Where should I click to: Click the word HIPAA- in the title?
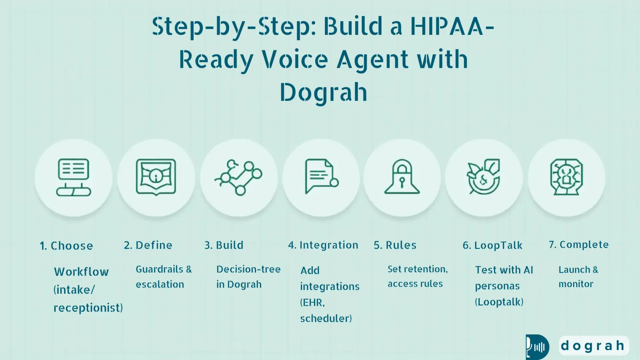[452, 27]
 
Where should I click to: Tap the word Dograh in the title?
[324, 92]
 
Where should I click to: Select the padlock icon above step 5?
[402, 177]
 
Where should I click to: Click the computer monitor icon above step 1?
[74, 177]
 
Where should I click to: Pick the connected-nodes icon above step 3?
[239, 177]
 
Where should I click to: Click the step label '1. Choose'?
[66, 246]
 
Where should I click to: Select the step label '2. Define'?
[148, 245]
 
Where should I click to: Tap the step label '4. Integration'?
[323, 245]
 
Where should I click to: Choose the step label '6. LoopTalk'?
[492, 245]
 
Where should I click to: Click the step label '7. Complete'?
[579, 245]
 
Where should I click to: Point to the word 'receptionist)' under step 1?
[88, 308]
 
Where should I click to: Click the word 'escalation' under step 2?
[160, 284]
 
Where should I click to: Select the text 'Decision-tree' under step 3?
[248, 269]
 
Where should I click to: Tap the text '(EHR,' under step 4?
[312, 302]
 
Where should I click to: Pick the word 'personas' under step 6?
[497, 286]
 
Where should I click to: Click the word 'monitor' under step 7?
[576, 284]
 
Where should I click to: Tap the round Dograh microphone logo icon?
[537, 347]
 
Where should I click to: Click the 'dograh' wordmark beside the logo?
[593, 346]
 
